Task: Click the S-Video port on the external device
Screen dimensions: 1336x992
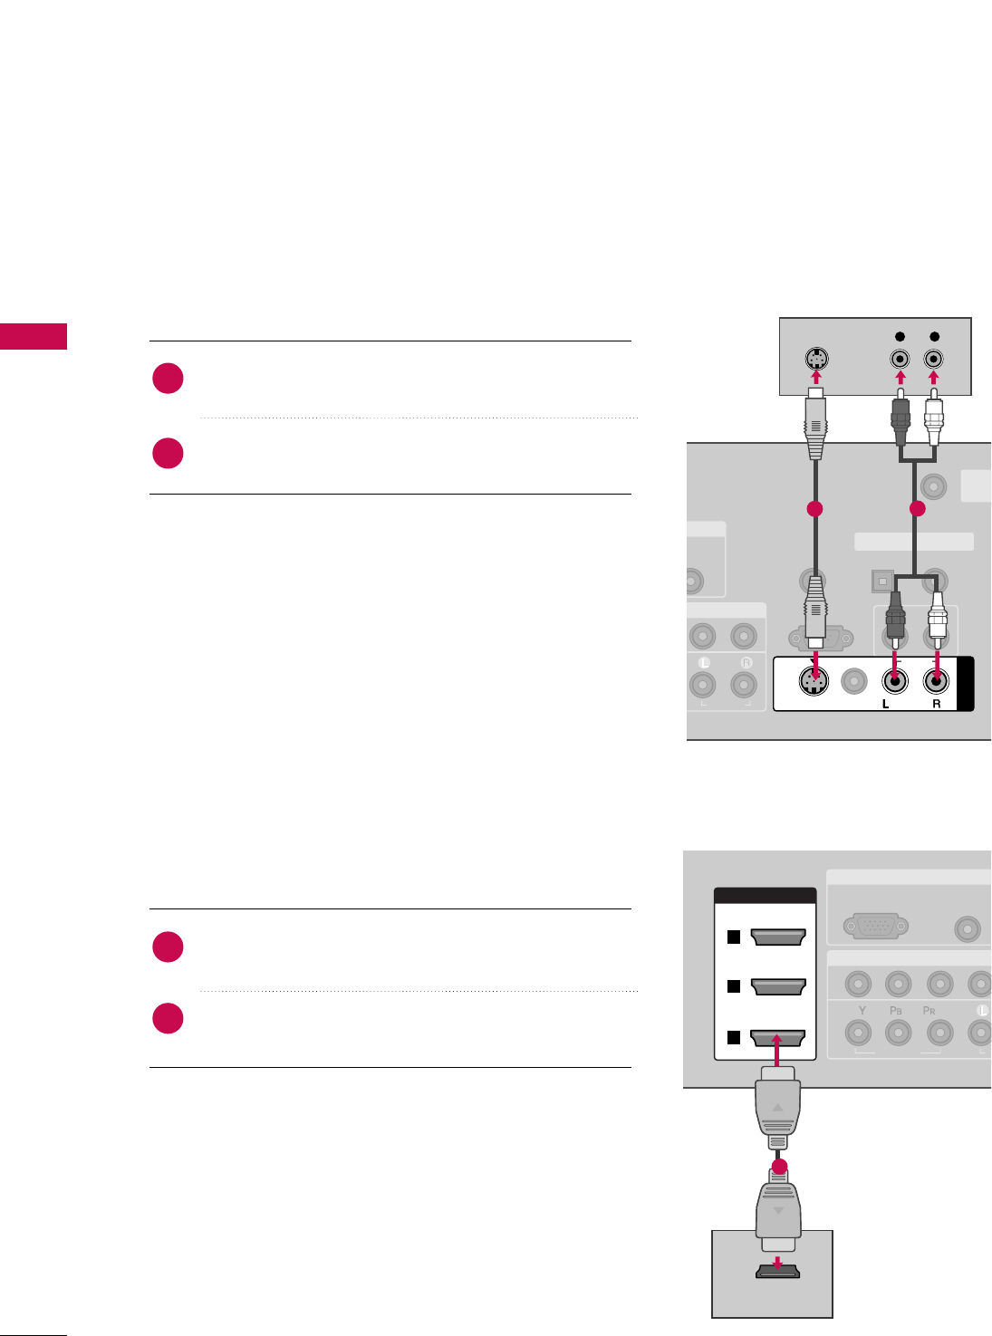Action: pos(815,358)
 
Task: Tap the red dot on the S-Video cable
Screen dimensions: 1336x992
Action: pos(814,510)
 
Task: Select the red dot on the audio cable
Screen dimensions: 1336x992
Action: pos(917,510)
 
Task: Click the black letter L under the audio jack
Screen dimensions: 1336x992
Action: pos(886,704)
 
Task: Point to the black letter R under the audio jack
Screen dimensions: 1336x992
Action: pos(936,704)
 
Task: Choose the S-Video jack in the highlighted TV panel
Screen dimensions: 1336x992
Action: pos(814,681)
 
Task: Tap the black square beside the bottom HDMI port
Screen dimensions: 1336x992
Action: pos(734,1038)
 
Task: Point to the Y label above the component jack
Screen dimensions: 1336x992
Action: pos(862,1010)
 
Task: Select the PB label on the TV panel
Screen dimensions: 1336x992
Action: pos(896,1010)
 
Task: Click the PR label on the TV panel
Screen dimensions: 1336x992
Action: pos(929,1010)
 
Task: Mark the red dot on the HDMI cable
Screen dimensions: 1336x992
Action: pos(778,1167)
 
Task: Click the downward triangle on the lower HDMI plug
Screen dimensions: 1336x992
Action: pos(777,1210)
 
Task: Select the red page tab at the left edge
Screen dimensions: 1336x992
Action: pos(34,336)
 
